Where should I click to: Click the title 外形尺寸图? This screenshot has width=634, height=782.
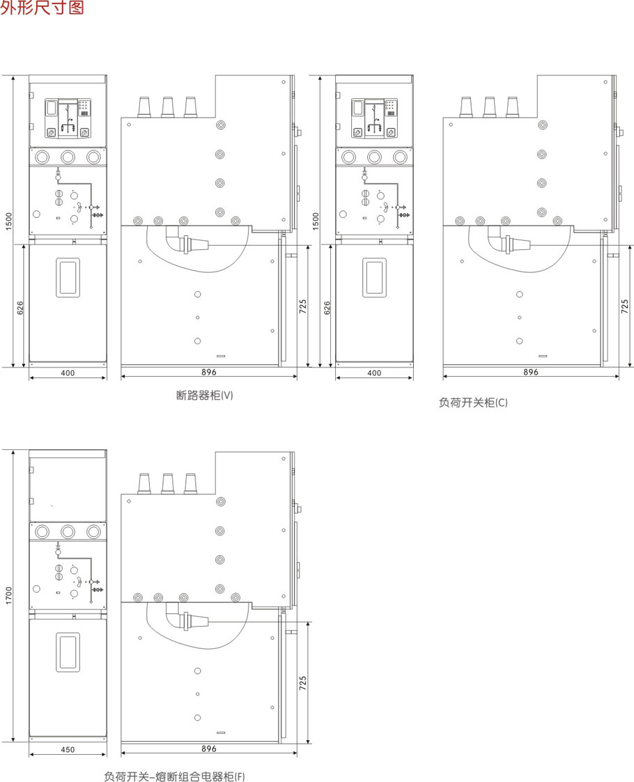click(42, 7)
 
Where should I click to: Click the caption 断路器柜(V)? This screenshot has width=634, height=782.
click(205, 396)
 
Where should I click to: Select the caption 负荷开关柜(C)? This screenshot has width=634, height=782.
click(473, 402)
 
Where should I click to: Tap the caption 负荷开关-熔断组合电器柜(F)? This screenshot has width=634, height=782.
click(175, 776)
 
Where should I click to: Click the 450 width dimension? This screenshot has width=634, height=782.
click(68, 749)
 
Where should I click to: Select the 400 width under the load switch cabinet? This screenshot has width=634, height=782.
click(374, 373)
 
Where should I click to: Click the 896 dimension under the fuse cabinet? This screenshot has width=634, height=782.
click(209, 749)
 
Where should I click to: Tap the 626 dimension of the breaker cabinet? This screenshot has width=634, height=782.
click(20, 307)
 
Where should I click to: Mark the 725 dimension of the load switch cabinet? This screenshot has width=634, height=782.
click(624, 306)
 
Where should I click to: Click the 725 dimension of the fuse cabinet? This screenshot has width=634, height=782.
click(303, 682)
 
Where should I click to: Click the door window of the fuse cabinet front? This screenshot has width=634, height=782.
click(68, 652)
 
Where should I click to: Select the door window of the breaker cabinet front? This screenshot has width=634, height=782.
click(68, 278)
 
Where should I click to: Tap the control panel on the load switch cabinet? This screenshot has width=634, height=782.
click(375, 118)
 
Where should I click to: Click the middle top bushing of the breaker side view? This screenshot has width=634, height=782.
click(168, 107)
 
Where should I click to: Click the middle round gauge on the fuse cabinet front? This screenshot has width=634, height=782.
click(68, 531)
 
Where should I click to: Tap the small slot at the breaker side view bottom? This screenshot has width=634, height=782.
click(221, 356)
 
